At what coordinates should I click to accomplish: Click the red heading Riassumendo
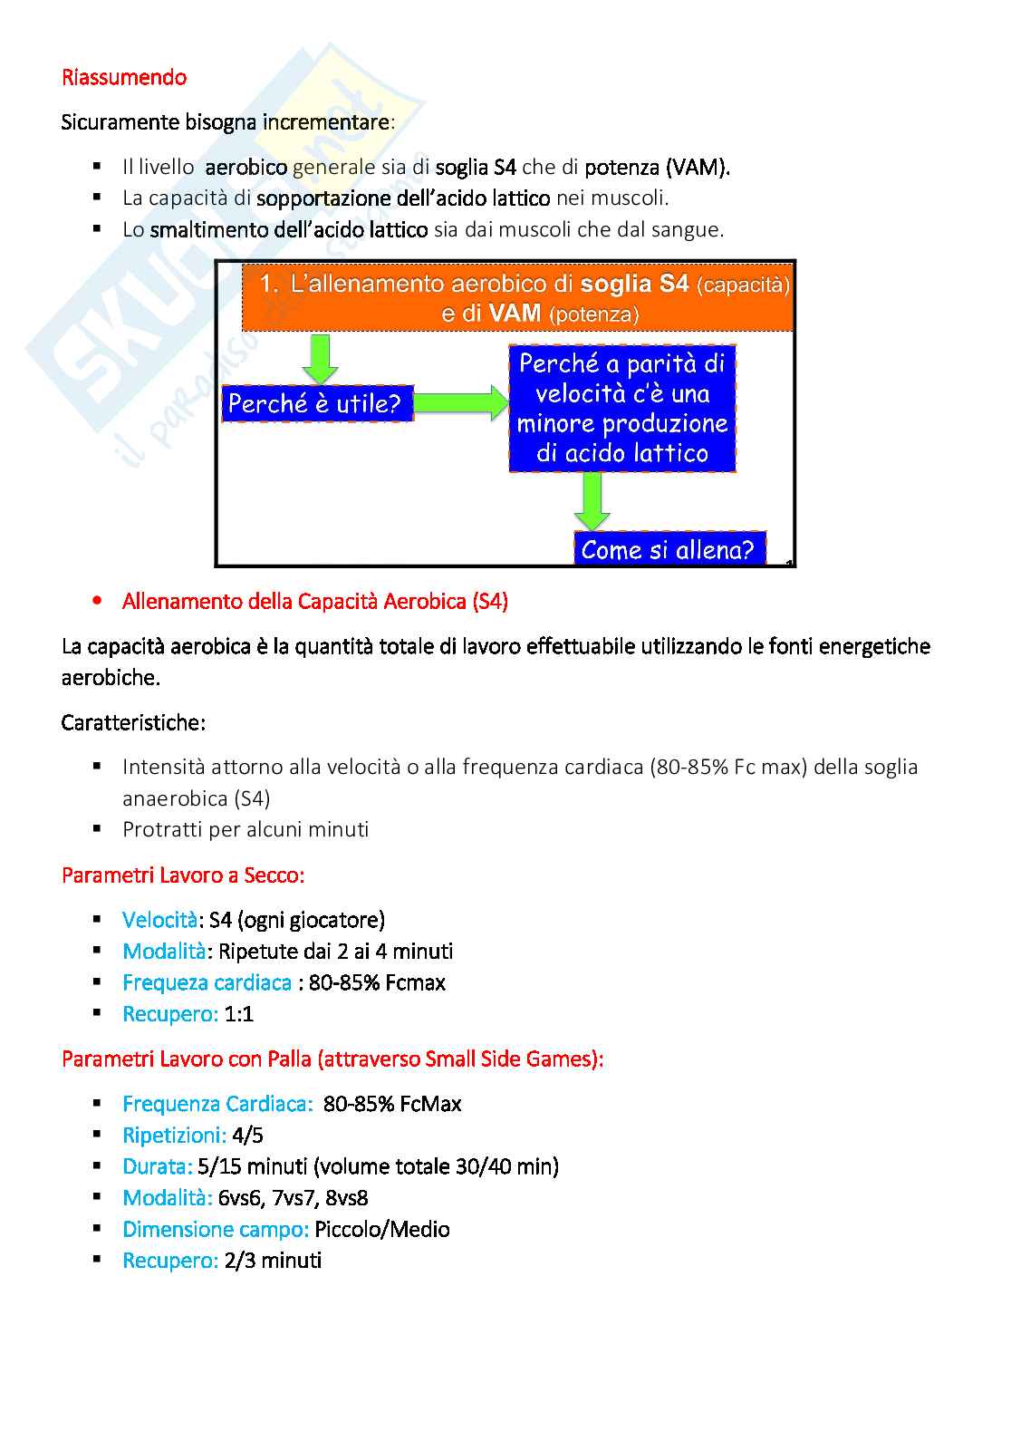[x=124, y=78]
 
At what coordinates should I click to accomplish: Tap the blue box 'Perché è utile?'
[x=316, y=403]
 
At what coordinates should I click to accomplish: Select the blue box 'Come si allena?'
[x=669, y=549]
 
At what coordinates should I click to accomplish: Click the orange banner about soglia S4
[x=518, y=298]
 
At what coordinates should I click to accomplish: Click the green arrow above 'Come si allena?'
[x=592, y=501]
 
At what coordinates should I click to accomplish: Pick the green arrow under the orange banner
[x=320, y=358]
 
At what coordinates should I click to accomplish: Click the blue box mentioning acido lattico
[x=621, y=409]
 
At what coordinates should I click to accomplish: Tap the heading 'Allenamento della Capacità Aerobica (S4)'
[x=314, y=602]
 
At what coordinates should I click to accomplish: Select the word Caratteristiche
[x=133, y=723]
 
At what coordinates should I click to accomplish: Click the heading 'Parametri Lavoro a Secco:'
[x=183, y=875]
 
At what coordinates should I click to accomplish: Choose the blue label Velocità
[x=159, y=921]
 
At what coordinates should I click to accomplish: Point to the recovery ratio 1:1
[x=239, y=1014]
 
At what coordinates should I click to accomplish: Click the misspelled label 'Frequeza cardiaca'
[x=207, y=983]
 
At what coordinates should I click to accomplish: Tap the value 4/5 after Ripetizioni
[x=247, y=1136]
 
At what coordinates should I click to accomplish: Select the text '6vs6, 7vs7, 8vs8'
[x=293, y=1198]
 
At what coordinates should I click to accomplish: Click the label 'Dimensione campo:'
[x=216, y=1230]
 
